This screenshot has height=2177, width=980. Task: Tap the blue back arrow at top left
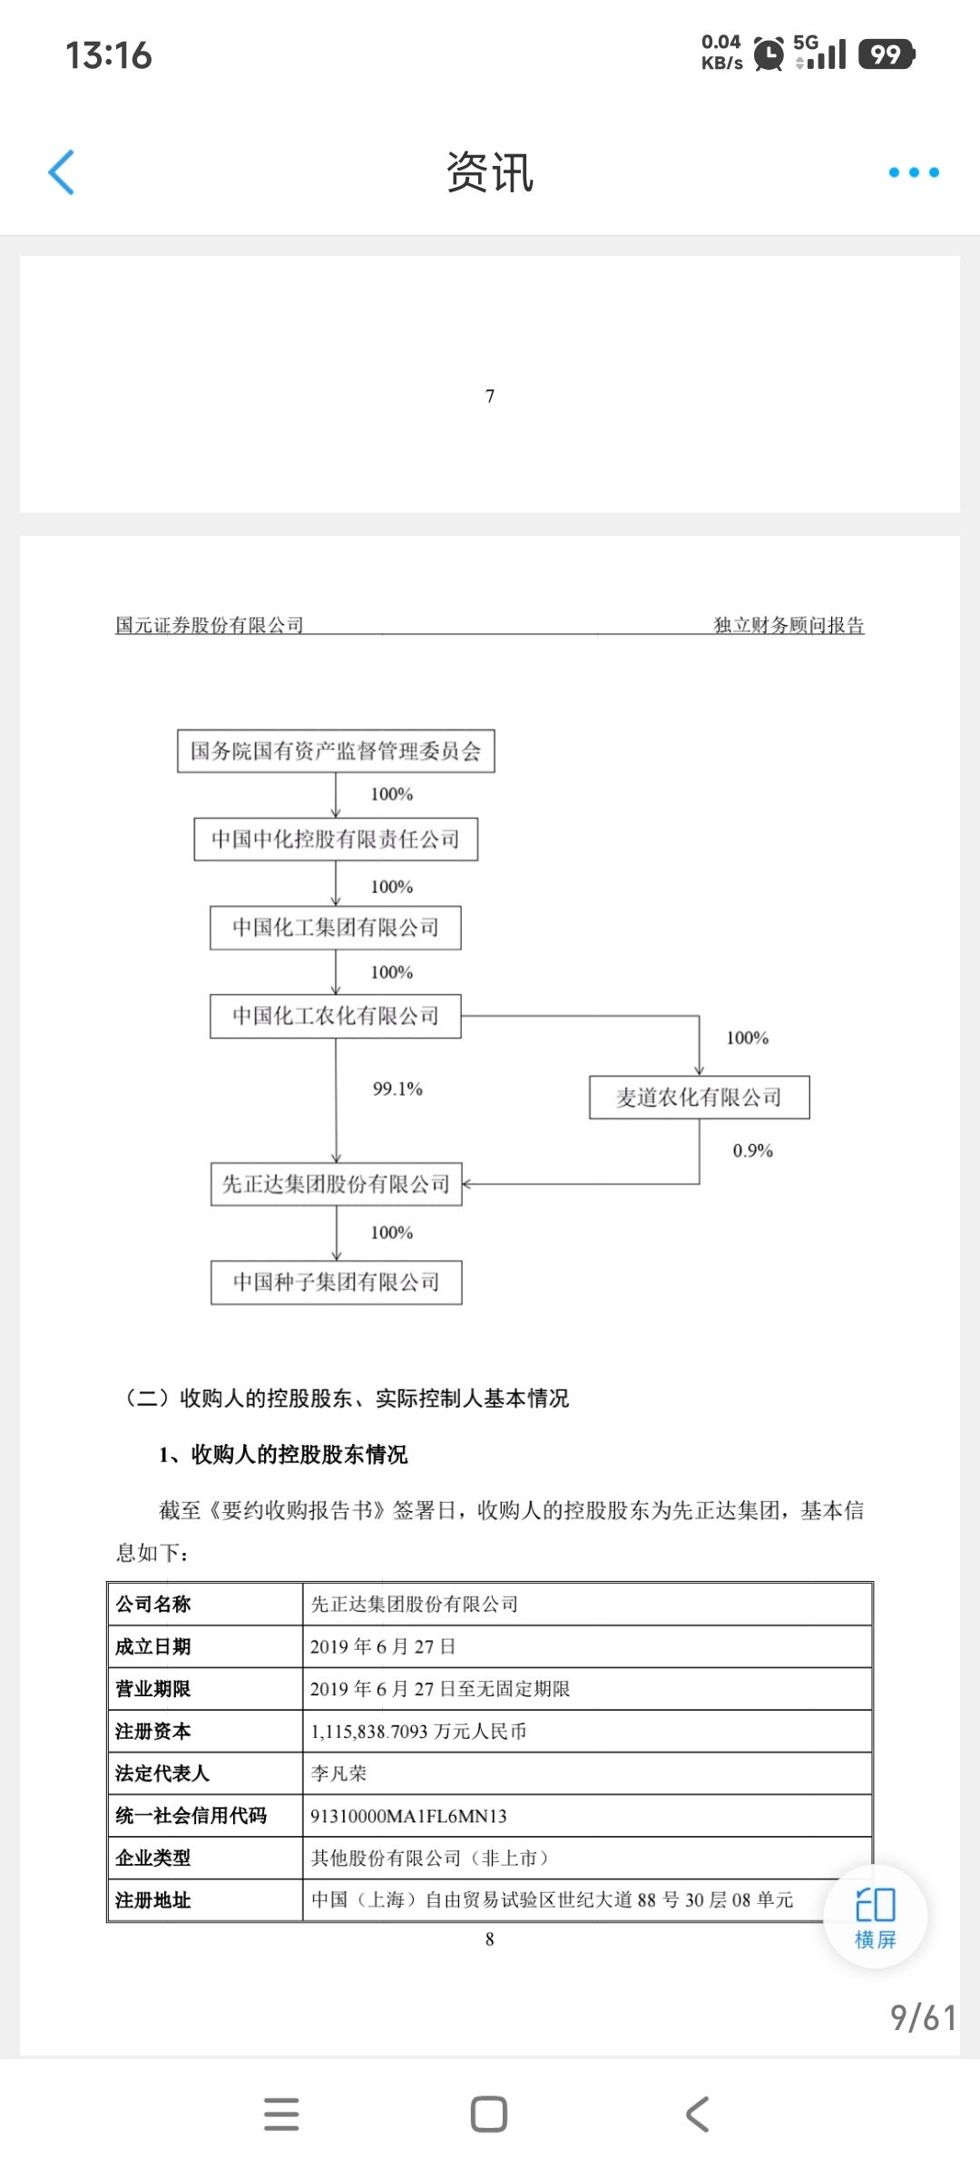61,172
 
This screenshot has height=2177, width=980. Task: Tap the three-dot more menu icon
914,172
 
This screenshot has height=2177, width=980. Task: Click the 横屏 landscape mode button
876,1916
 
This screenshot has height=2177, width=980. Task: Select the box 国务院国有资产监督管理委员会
336,751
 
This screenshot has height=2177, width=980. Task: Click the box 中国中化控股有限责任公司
336,839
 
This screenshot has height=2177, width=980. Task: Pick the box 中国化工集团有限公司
336,927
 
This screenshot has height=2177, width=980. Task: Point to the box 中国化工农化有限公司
336,1016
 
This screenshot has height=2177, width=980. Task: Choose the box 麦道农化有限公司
699,1098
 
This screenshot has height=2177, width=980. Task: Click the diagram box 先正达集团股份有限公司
336,1185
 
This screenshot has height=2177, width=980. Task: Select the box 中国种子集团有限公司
336,1282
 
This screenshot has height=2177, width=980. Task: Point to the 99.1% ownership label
397,1088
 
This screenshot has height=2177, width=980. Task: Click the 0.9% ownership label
752,1150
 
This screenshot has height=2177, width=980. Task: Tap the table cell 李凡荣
339,1773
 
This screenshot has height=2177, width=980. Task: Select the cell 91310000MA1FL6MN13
408,1816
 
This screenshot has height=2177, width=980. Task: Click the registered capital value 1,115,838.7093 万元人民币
418,1731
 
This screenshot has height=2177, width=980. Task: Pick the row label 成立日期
153,1646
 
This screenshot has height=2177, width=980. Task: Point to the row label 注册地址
153,1900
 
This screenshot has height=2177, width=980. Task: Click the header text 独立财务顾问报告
789,625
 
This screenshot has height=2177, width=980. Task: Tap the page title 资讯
490,172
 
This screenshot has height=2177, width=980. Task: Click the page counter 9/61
923,2018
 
